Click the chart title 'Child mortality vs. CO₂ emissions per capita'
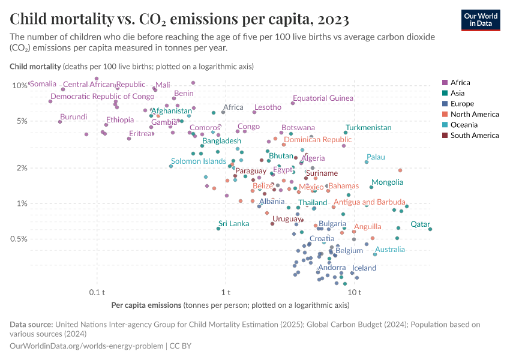coord(179,20)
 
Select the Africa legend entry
coord(460,83)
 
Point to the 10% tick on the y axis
coord(19,85)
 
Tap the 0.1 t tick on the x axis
coord(97,292)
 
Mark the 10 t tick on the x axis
coord(354,292)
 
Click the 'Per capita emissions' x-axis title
coord(146,305)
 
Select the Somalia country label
coord(43,84)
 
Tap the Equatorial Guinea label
coord(323,98)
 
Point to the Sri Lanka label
coord(233,224)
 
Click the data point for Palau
coord(367,162)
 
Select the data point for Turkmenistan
coord(346,133)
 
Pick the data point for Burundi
coord(60,122)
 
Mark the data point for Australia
coord(375,254)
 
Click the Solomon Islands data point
coord(171,166)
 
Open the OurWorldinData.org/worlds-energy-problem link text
coord(86,346)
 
